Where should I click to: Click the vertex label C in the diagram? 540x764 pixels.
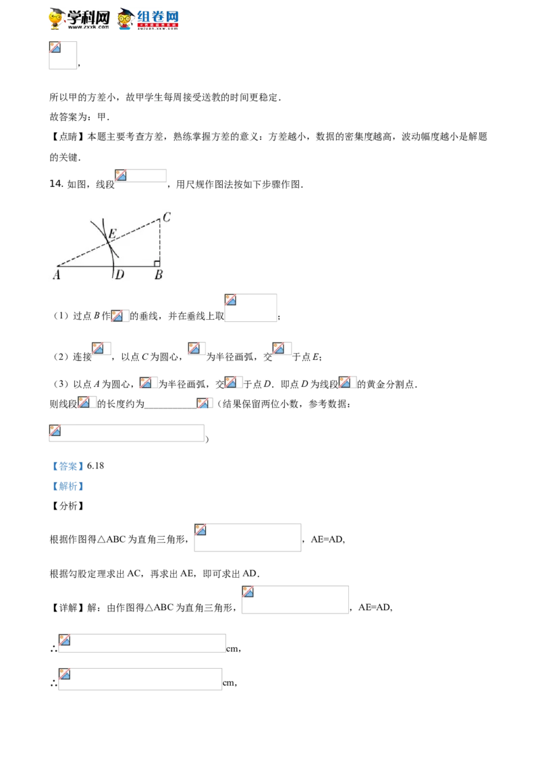pyautogui.click(x=167, y=217)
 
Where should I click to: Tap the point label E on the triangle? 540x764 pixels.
pyautogui.click(x=112, y=234)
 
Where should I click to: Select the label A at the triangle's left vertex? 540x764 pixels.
pyautogui.click(x=57, y=275)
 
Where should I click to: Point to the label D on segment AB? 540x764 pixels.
pyautogui.click(x=120, y=275)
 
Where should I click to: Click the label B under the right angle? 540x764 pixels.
pyautogui.click(x=159, y=275)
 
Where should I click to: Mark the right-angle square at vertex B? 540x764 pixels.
pyautogui.click(x=157, y=264)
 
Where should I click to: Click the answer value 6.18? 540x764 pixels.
pyautogui.click(x=96, y=466)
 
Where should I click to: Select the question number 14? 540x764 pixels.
pyautogui.click(x=56, y=184)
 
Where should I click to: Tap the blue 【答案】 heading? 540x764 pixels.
pyautogui.click(x=67, y=466)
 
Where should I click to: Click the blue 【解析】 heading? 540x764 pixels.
pyautogui.click(x=67, y=486)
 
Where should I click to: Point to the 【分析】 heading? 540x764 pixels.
pyautogui.click(x=67, y=506)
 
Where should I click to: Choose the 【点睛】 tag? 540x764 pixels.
pyautogui.click(x=67, y=137)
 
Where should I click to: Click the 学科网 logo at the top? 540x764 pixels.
pyautogui.click(x=80, y=19)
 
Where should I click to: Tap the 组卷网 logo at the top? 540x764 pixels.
pyautogui.click(x=148, y=19)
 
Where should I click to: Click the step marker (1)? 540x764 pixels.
pyautogui.click(x=61, y=316)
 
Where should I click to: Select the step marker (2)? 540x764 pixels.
pyautogui.click(x=61, y=356)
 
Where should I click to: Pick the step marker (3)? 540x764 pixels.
pyautogui.click(x=61, y=384)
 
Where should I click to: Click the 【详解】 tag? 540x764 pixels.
pyautogui.click(x=67, y=607)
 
